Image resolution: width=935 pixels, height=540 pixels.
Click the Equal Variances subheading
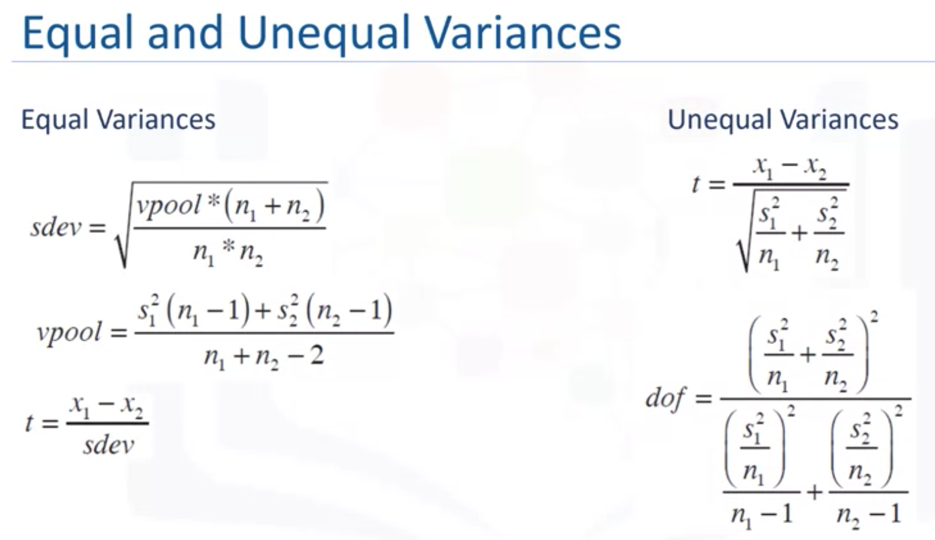118,119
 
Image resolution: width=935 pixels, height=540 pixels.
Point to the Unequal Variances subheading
783,119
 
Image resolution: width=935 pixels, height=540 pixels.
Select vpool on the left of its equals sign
69,333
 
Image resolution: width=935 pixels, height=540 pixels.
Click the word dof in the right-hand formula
666,397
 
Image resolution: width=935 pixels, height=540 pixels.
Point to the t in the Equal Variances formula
29,423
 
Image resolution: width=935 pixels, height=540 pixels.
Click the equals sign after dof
704,397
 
